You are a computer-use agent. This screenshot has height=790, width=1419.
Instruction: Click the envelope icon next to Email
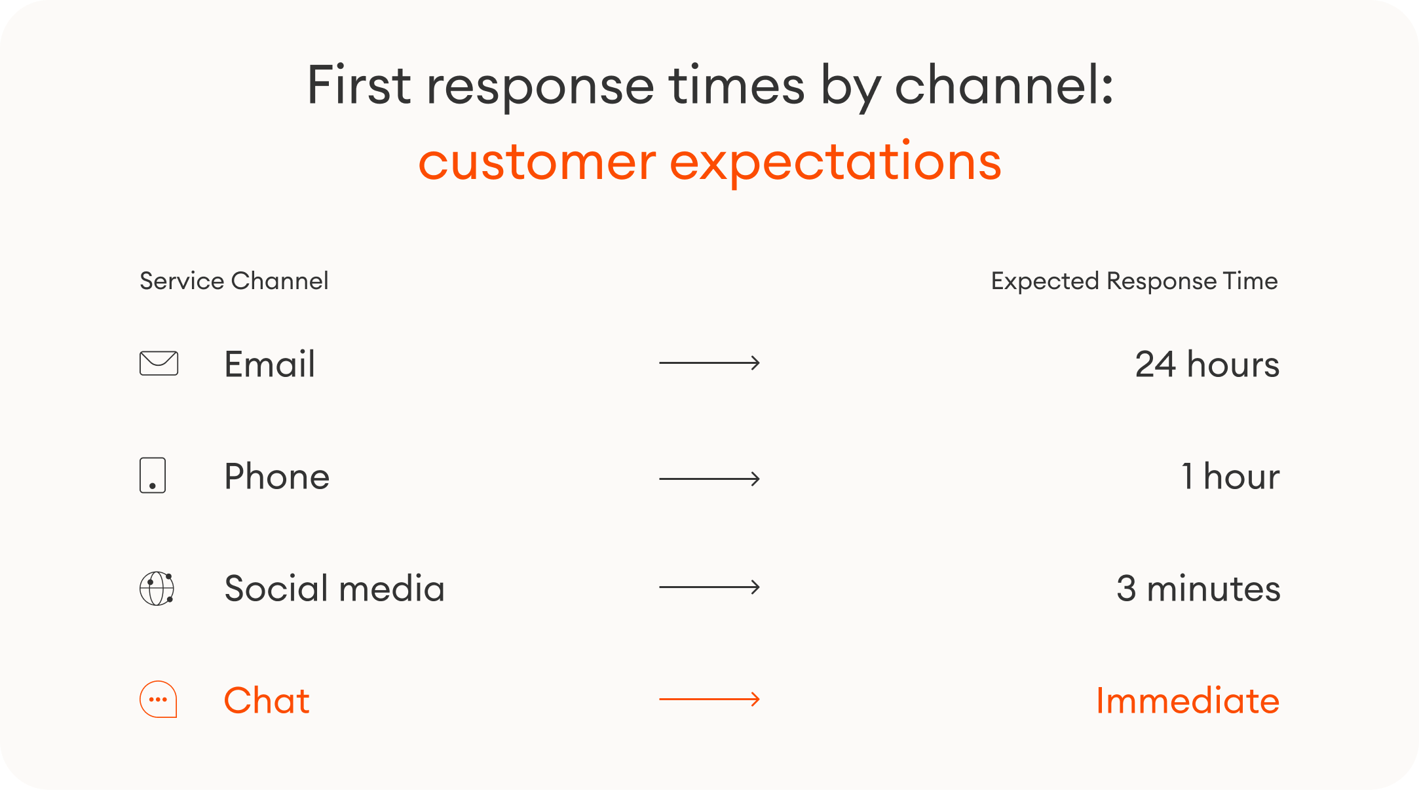pyautogui.click(x=159, y=363)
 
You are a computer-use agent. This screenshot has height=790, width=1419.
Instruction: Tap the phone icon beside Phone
pyautogui.click(x=153, y=475)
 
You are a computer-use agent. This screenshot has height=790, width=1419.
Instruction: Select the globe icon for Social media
pyautogui.click(x=157, y=588)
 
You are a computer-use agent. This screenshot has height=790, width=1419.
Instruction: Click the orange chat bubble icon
pyautogui.click(x=159, y=700)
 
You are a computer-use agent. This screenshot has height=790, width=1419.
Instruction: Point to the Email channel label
pyautogui.click(x=269, y=364)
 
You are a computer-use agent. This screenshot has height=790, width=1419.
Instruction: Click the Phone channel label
pyautogui.click(x=276, y=476)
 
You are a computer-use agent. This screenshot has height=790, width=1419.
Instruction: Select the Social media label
pyautogui.click(x=334, y=588)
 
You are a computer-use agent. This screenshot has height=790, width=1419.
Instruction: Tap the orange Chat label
pyautogui.click(x=267, y=700)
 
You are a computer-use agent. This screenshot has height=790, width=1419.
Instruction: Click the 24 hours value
pyautogui.click(x=1207, y=364)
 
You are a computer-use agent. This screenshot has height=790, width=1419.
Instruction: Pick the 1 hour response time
pyautogui.click(x=1230, y=476)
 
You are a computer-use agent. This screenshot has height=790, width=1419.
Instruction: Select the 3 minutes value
pyautogui.click(x=1198, y=588)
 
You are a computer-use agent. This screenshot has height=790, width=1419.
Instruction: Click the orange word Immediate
pyautogui.click(x=1187, y=700)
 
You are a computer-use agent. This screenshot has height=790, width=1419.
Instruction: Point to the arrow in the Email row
pyautogui.click(x=709, y=363)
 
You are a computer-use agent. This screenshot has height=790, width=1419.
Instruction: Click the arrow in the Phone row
pyautogui.click(x=709, y=479)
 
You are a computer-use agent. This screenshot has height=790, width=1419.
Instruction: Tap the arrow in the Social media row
pyautogui.click(x=709, y=587)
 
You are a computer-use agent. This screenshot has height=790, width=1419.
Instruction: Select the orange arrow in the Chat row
pyautogui.click(x=709, y=699)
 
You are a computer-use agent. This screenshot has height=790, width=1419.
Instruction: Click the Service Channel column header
pyautogui.click(x=234, y=281)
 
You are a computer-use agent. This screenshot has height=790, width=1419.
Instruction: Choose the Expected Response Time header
pyautogui.click(x=1134, y=281)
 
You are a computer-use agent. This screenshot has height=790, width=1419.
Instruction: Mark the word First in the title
pyautogui.click(x=359, y=85)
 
